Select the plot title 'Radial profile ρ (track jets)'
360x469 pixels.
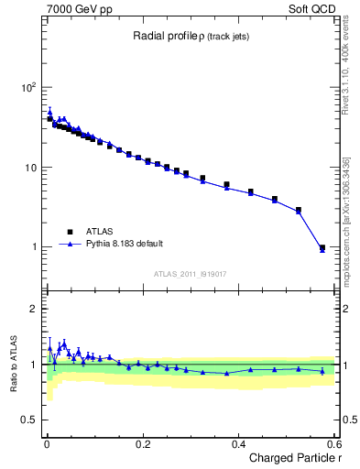tap(188, 36)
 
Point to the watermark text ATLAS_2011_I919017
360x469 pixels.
tap(191, 273)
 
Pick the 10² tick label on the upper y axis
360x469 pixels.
tap(28, 88)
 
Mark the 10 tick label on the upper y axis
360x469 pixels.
tap(30, 168)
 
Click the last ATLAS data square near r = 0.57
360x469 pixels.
tap(322, 247)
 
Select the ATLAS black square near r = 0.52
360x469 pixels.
tap(298, 210)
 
